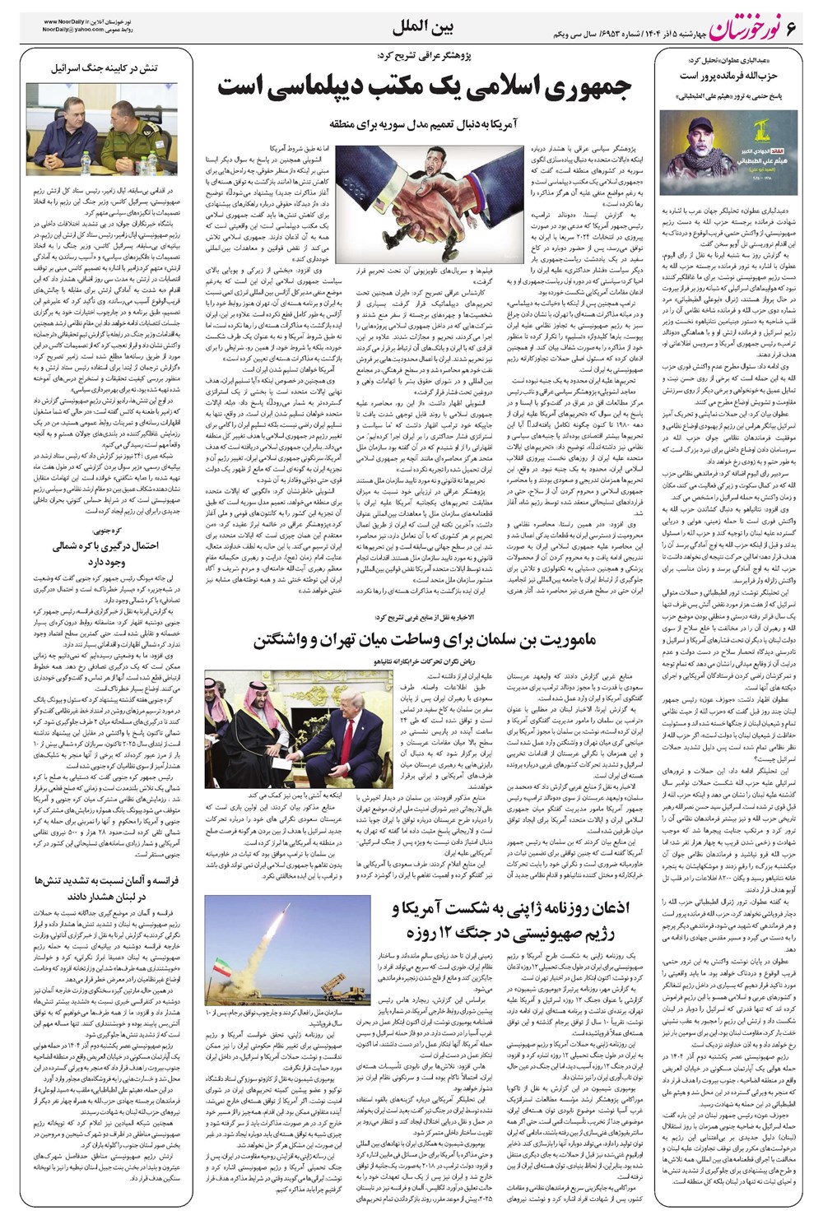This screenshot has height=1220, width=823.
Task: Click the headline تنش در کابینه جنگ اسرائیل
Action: pyautogui.click(x=105, y=67)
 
